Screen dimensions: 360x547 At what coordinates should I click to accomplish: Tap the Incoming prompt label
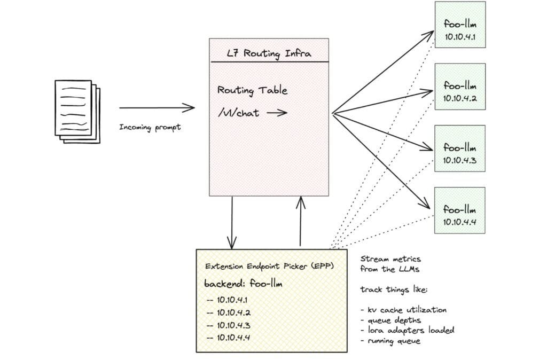pos(150,127)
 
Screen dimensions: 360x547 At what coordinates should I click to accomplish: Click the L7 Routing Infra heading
pos(269,53)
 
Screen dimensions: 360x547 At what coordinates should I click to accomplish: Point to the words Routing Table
pos(252,90)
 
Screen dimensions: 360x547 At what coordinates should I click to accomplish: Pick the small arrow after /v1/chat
pos(277,113)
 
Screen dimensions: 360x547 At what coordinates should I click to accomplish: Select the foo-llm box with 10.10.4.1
pos(460,25)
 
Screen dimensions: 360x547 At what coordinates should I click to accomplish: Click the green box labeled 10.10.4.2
pos(460,87)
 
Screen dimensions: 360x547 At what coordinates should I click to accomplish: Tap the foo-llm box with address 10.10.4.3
pos(460,148)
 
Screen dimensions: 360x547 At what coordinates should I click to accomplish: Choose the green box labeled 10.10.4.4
pos(460,210)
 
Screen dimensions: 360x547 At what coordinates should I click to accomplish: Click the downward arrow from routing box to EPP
pos(232,222)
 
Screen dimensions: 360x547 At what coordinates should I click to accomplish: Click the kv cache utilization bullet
pos(403,310)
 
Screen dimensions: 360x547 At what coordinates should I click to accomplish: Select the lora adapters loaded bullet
pos(407,330)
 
